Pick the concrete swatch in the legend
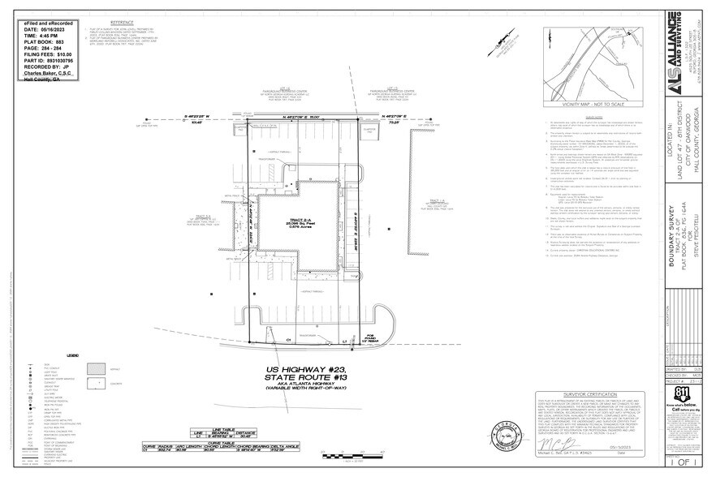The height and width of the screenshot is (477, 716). click(x=94, y=382)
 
